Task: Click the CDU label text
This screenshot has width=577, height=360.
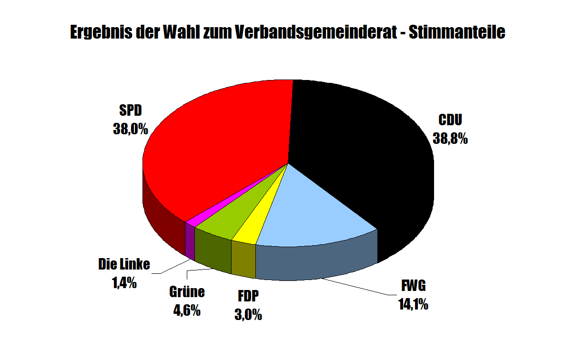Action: (450, 121)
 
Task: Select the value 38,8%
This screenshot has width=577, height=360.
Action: (450, 139)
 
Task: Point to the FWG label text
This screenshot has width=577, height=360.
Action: (413, 287)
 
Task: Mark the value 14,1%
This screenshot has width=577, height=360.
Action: (413, 304)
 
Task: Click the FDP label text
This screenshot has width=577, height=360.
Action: (248, 297)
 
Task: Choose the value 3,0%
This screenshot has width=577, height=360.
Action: (248, 314)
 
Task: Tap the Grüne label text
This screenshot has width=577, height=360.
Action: (187, 292)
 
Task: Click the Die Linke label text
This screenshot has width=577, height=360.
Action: (124, 264)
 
